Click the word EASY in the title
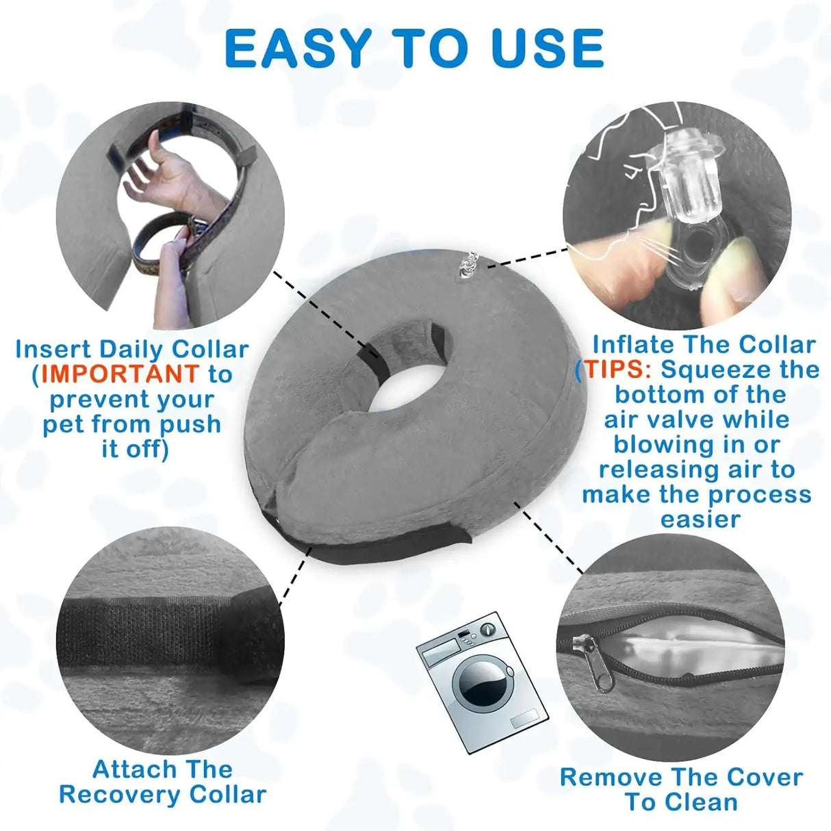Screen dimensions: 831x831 pyautogui.click(x=298, y=49)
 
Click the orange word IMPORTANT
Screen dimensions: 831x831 pyautogui.click(x=120, y=374)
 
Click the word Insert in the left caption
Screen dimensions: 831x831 pyautogui.click(x=53, y=349)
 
